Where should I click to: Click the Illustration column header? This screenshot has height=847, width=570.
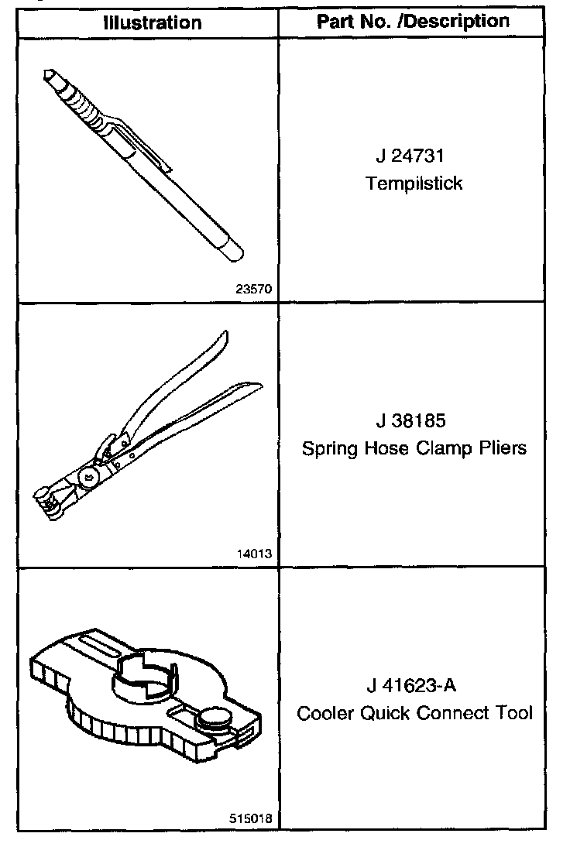pos(152,22)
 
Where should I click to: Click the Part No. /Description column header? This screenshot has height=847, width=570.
pos(414,21)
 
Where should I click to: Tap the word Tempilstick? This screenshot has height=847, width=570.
pos(414,183)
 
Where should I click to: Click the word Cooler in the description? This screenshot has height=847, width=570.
pos(325,713)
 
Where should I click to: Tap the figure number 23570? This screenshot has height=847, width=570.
pos(253,289)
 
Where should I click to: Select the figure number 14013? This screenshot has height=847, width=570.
pos(253,554)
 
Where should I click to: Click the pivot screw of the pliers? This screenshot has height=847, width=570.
pos(90,478)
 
